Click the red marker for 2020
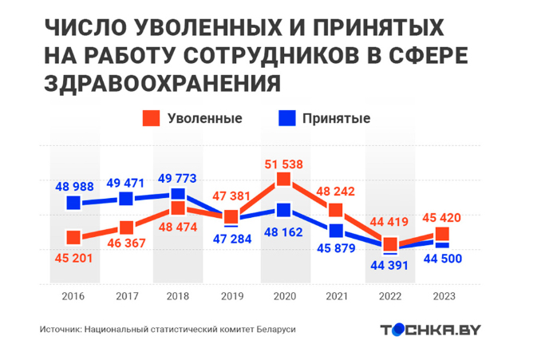click(283, 180)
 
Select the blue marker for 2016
click(73, 203)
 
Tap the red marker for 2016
click(73, 237)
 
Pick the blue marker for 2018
click(178, 194)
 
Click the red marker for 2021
click(336, 210)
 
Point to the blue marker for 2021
click(336, 231)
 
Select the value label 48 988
click(74, 186)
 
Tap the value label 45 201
click(74, 257)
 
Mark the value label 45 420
click(442, 217)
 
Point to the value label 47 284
click(231, 238)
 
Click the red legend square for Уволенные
click(151, 118)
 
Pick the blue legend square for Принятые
click(286, 118)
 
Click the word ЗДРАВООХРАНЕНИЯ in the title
click(163, 83)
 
